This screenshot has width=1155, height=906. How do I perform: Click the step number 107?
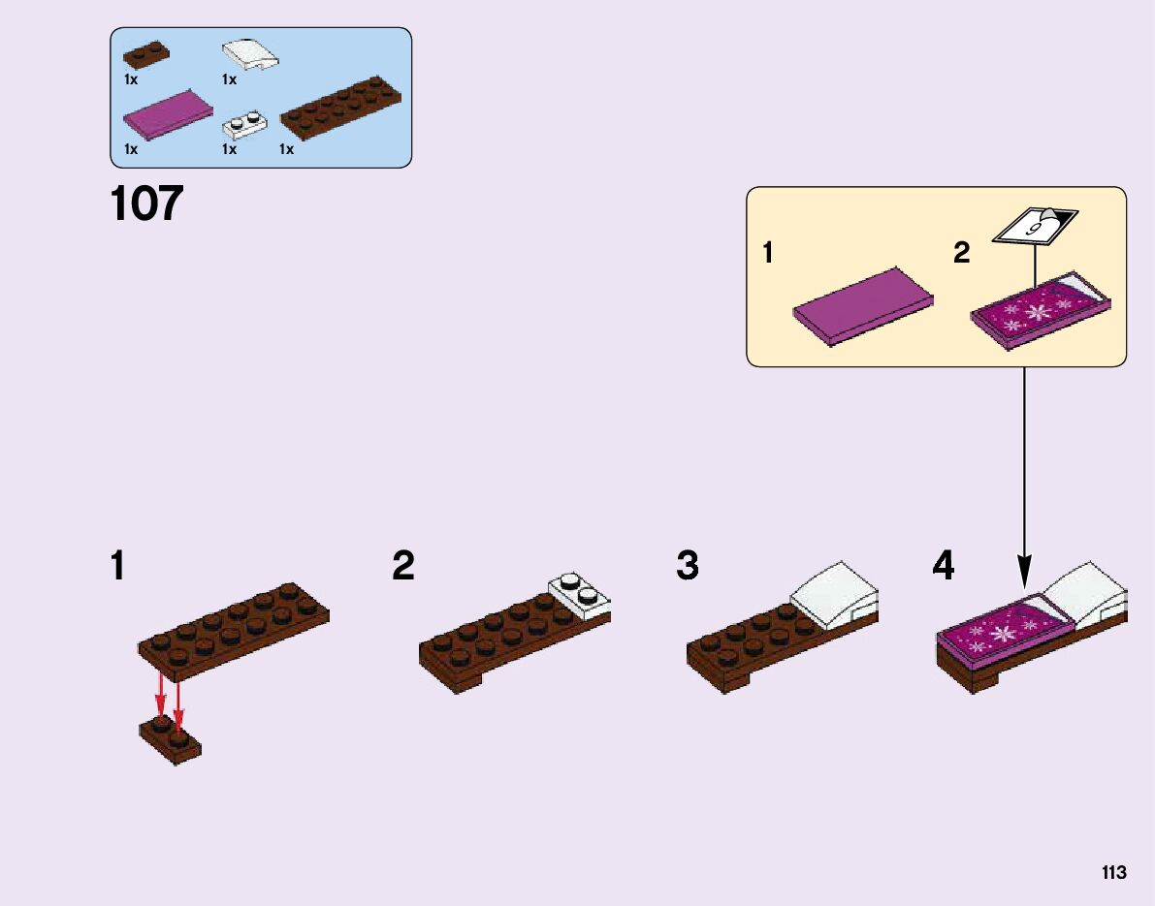[146, 204]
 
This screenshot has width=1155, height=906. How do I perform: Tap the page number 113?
[1113, 873]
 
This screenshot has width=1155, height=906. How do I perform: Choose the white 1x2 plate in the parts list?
[245, 126]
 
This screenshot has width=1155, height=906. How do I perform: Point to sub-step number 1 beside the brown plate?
[117, 566]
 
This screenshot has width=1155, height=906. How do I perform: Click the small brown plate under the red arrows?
[171, 741]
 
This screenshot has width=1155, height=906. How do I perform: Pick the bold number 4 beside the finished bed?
[943, 565]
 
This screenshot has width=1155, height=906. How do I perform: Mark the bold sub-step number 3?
[688, 565]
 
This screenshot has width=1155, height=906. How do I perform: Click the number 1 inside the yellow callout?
[768, 254]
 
